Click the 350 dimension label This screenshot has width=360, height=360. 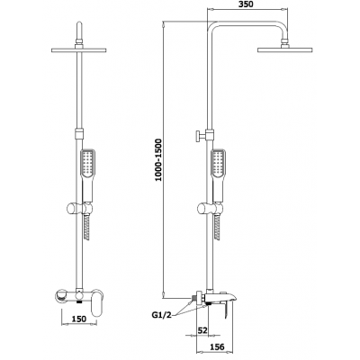point(245,4)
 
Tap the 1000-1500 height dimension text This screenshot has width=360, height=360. point(158,159)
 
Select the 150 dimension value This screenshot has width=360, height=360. point(79,319)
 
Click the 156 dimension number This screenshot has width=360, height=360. point(216,346)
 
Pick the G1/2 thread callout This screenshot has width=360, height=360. point(161,315)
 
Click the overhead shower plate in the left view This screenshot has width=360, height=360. point(79,49)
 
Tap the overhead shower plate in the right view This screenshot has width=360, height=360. point(285,49)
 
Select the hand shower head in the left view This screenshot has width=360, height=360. point(88,175)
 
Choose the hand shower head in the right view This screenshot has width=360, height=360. point(219,175)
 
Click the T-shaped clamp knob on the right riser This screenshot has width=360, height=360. point(200,137)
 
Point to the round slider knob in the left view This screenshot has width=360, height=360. point(72,209)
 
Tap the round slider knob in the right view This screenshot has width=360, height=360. point(203,209)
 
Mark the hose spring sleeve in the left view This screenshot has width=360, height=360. point(87,228)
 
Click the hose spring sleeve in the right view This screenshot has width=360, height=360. point(218,228)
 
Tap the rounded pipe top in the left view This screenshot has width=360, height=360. point(79,30)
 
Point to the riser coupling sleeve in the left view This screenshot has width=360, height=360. point(79,133)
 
